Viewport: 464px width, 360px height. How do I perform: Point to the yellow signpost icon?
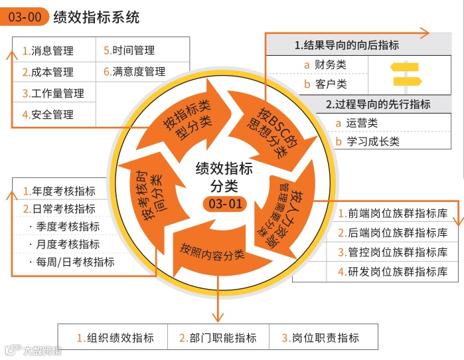pyautogui.click(x=406, y=74)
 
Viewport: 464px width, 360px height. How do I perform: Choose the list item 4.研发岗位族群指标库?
pyautogui.click(x=392, y=272)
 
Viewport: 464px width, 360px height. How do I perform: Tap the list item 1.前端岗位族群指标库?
pyautogui.click(x=392, y=214)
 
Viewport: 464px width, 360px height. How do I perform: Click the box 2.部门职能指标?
pyautogui.click(x=218, y=338)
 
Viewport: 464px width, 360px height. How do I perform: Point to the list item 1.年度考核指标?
pyautogui.click(x=59, y=191)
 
